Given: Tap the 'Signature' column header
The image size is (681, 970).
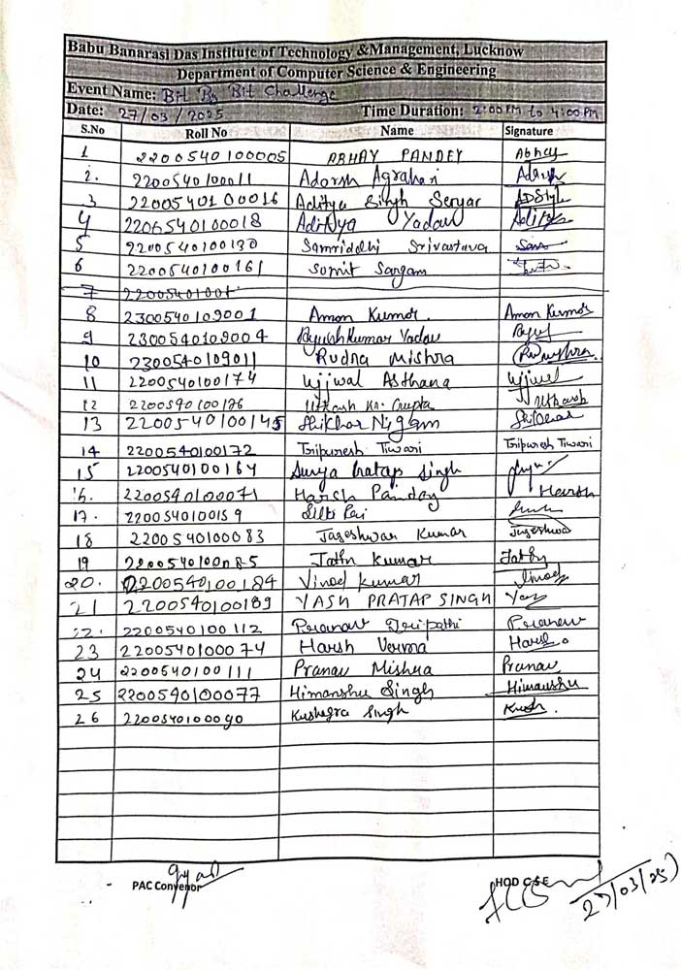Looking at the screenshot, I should (530, 131).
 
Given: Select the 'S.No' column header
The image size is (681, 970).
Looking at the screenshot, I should (92, 128).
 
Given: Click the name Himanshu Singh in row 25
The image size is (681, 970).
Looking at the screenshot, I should (361, 692).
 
